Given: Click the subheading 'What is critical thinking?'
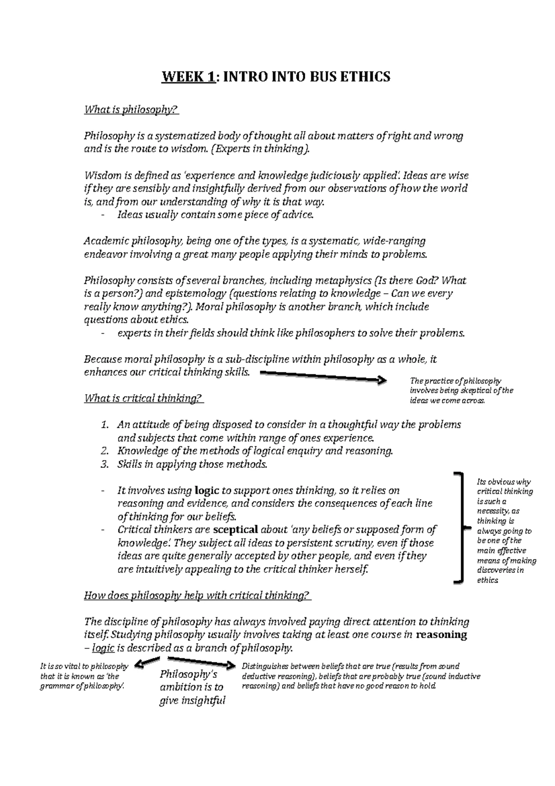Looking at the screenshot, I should (143, 398).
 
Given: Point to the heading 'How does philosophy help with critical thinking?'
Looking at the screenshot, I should (197, 596).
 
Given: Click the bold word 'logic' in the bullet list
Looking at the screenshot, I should (207, 490).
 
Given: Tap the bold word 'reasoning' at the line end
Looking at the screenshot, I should (442, 635).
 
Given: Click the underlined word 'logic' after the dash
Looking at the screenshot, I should (103, 648).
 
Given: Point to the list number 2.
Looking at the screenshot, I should (105, 451).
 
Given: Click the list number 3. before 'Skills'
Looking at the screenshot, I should (105, 465).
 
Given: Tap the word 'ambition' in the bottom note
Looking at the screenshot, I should (182, 687).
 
